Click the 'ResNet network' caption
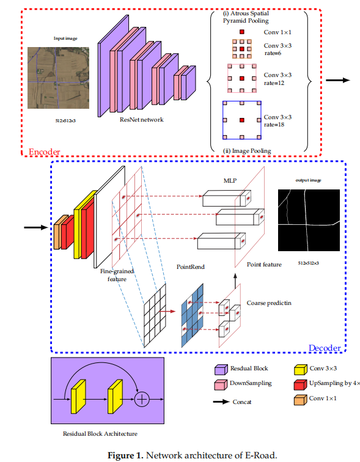click(x=142, y=120)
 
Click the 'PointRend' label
click(x=190, y=267)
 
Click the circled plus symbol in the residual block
click(x=142, y=399)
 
